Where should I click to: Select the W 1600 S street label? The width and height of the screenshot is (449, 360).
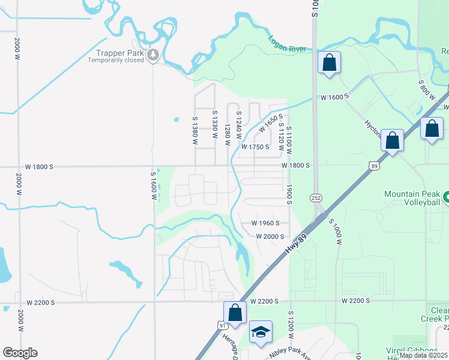tap(334, 97)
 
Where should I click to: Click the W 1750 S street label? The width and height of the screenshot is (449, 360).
tap(255, 147)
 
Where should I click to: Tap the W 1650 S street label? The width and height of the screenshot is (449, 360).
tap(270, 124)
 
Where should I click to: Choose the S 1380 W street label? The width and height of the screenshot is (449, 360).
tap(195, 128)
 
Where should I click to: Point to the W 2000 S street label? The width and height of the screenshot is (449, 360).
tap(270, 236)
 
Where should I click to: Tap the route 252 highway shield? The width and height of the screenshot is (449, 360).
tap(316, 197)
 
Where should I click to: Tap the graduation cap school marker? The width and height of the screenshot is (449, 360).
tap(261, 332)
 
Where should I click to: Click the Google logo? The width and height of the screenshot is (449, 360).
tap(20, 353)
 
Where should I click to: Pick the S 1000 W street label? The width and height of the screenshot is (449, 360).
tap(334, 232)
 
